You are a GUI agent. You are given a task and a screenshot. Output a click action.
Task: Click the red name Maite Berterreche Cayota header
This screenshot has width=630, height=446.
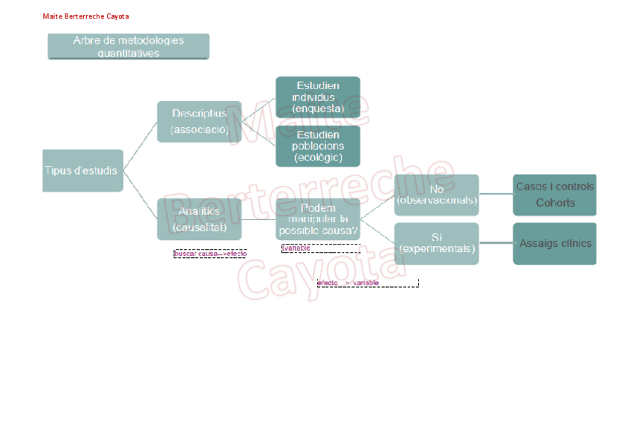tap(86, 16)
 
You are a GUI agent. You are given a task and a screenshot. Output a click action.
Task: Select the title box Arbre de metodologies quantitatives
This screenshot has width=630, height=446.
tap(129, 46)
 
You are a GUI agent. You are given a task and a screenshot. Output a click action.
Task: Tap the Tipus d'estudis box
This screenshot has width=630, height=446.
tap(82, 170)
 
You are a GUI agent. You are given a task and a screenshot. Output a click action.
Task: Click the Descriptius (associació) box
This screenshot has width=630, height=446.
tap(199, 121)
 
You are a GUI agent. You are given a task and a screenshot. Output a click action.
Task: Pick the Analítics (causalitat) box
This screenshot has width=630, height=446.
tap(199, 219)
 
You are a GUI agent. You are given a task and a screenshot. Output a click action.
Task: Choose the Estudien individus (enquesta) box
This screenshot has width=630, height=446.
tap(318, 97)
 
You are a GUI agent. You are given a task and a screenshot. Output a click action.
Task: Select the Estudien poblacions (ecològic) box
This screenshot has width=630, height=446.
tap(318, 146)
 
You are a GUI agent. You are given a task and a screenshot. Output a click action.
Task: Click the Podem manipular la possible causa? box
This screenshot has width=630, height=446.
tap(318, 219)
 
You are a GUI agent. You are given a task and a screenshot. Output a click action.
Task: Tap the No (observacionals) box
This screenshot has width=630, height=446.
tap(437, 195)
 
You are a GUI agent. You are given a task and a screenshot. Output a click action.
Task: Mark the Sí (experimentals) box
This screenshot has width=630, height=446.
tap(437, 243)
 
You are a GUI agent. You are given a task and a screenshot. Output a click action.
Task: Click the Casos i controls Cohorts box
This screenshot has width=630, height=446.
tap(554, 195)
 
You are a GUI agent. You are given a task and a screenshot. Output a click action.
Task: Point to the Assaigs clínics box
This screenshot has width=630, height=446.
tap(554, 243)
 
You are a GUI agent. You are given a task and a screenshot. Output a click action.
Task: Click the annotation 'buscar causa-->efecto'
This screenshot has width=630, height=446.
tap(210, 253)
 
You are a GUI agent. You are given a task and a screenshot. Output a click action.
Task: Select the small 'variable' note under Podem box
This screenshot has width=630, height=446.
tap(296, 248)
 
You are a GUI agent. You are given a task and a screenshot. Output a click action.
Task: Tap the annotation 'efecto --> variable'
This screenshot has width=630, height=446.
tap(348, 282)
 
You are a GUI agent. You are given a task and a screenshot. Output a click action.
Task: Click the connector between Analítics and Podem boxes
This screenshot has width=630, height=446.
tap(259, 219)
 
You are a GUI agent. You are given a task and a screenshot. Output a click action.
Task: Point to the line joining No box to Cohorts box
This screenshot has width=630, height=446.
tap(496, 194)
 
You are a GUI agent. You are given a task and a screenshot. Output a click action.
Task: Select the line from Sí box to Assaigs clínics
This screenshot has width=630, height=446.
tap(496, 243)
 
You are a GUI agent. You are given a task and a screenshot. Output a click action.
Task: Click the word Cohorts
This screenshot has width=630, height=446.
tap(556, 202)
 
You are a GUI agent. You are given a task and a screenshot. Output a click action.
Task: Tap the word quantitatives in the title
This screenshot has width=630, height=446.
tap(129, 53)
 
